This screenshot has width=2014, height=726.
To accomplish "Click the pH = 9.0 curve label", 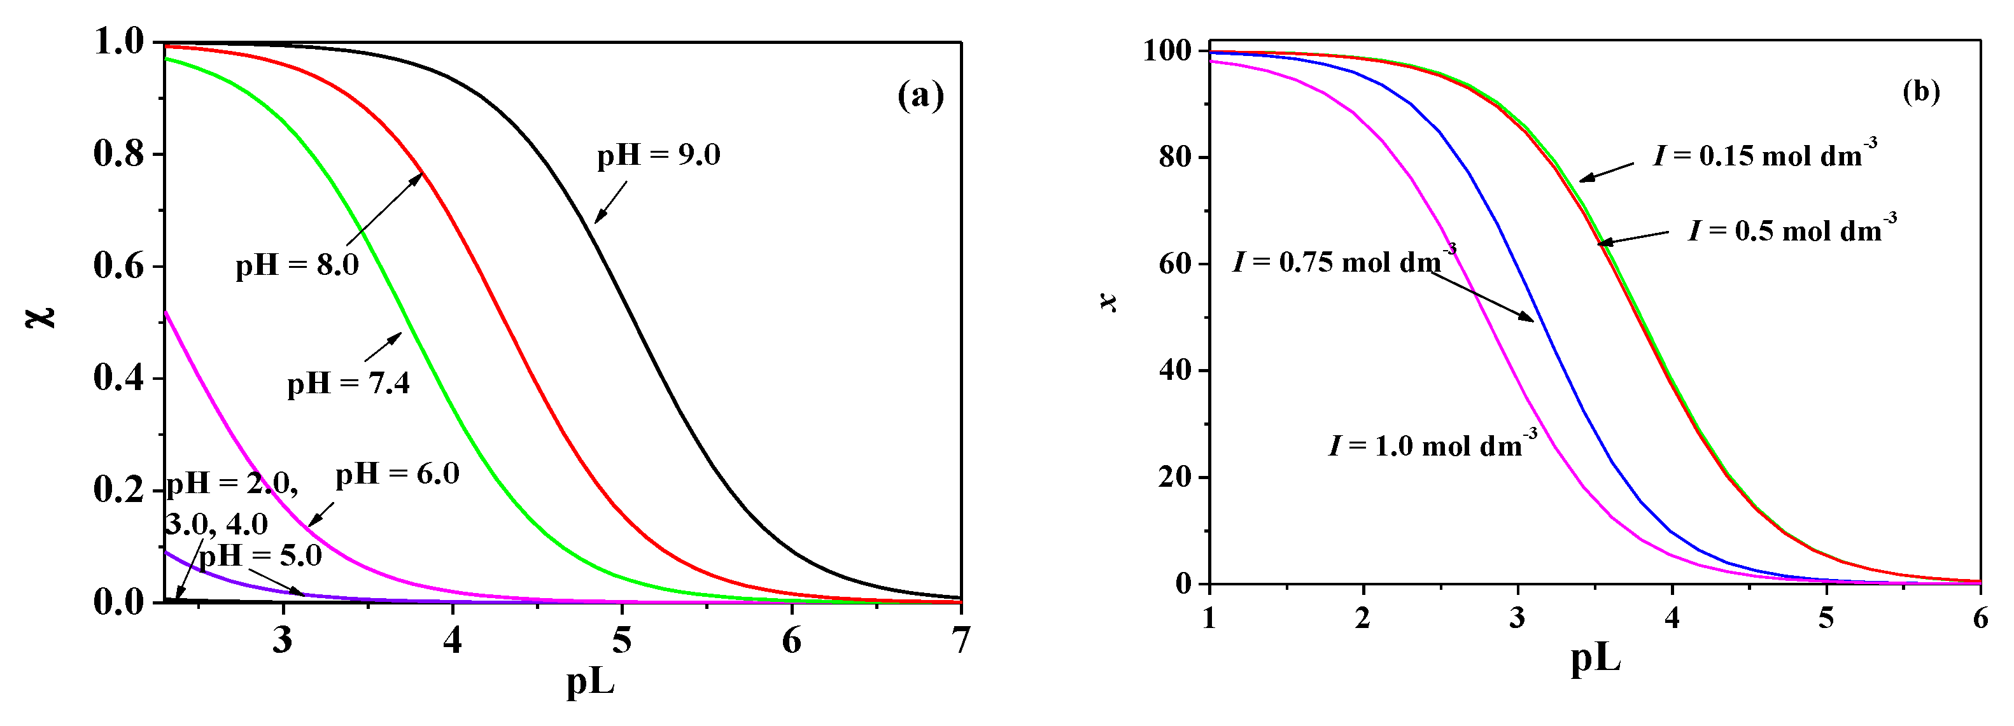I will tap(658, 155).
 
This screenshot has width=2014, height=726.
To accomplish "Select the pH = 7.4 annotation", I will tap(349, 384).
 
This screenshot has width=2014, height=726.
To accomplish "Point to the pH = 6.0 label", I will tap(397, 473).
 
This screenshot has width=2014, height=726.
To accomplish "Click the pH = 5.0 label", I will tap(260, 555).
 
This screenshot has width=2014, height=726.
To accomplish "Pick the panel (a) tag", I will tap(920, 96).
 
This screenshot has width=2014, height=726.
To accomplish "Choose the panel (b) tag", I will tap(1921, 93).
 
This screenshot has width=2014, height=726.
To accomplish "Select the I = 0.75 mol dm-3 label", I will tap(1344, 260).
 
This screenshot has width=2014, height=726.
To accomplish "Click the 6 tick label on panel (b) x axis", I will tap(1980, 619).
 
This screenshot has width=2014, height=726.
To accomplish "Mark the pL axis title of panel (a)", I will tap(590, 681).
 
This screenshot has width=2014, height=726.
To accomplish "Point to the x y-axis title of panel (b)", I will tap(1109, 302).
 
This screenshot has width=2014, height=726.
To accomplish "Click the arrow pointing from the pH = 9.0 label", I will tap(610, 203).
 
